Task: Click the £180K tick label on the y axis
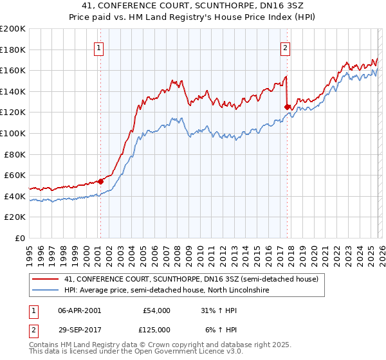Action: click(x=13, y=50)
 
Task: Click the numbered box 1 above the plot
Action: click(x=100, y=47)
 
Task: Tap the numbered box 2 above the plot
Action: click(x=285, y=47)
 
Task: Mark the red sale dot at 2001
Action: click(x=100, y=181)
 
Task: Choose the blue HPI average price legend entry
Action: click(x=167, y=291)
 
